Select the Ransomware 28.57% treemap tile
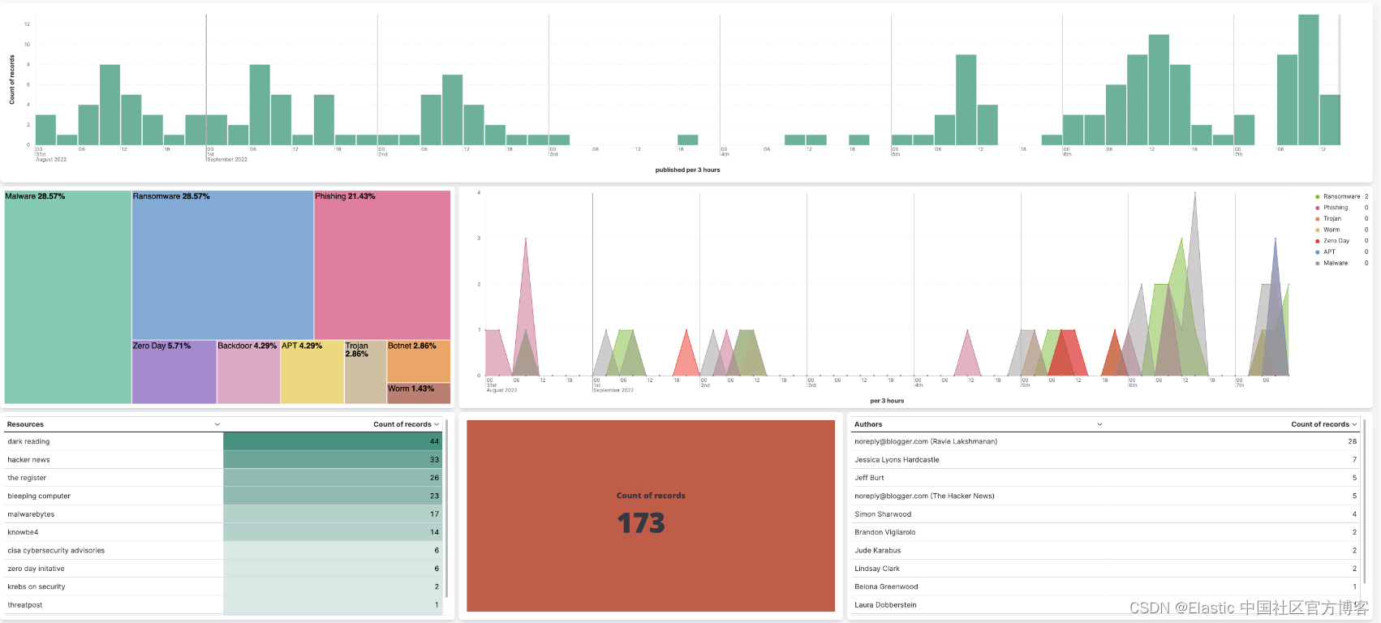(x=222, y=265)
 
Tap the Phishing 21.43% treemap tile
(x=381, y=265)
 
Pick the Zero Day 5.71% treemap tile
(x=174, y=372)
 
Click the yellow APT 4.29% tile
(x=312, y=372)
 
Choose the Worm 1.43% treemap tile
(x=418, y=393)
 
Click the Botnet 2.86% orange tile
(x=418, y=361)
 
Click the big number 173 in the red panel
(x=641, y=523)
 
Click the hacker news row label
(x=28, y=460)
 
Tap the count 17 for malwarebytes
(x=434, y=514)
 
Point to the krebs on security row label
(x=37, y=586)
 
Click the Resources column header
(x=25, y=424)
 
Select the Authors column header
(x=868, y=424)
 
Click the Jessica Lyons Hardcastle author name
(x=897, y=460)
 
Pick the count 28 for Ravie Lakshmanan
(x=1352, y=441)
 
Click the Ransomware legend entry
(x=1340, y=196)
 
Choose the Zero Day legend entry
(x=1336, y=241)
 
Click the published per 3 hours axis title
(x=687, y=170)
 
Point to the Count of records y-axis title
(x=12, y=79)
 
